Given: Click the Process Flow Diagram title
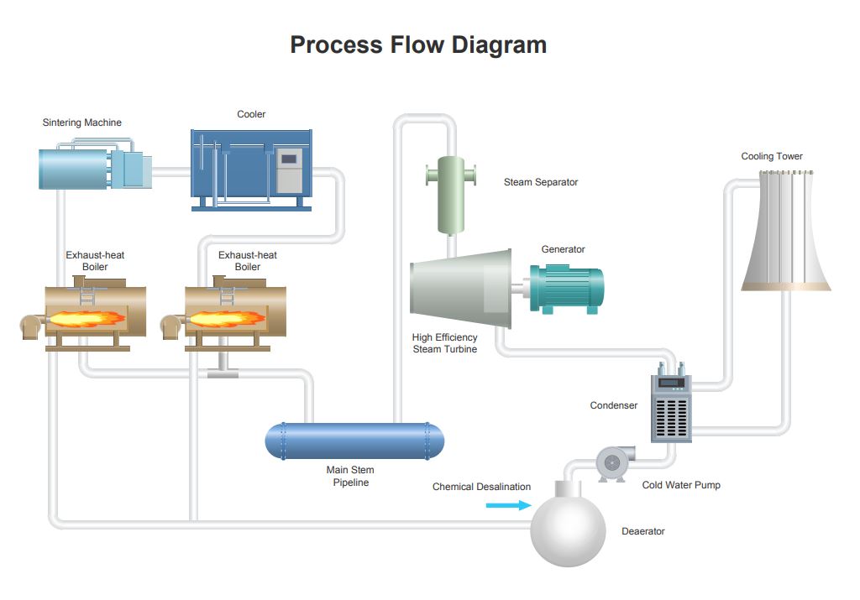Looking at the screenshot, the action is pyautogui.click(x=418, y=44).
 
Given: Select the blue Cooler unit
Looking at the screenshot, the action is pyautogui.click(x=251, y=170).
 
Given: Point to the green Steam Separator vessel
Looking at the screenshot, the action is pyautogui.click(x=451, y=195).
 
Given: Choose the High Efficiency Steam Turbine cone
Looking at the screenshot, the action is pyautogui.click(x=461, y=289).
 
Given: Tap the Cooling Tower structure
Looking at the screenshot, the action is pyautogui.click(x=785, y=230).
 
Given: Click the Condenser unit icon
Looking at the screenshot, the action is pyautogui.click(x=671, y=403).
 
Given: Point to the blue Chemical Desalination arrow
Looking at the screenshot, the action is pyautogui.click(x=508, y=505).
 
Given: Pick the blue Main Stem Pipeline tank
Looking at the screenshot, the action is pyautogui.click(x=354, y=441).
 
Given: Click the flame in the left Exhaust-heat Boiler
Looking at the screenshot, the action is pyautogui.click(x=86, y=318).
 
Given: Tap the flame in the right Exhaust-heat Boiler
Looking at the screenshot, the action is pyautogui.click(x=225, y=318).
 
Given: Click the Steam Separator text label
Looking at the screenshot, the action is pyautogui.click(x=541, y=182).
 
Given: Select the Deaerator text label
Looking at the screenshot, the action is pyautogui.click(x=642, y=531).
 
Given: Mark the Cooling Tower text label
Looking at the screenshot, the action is pyautogui.click(x=772, y=156).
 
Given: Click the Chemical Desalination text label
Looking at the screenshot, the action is pyautogui.click(x=481, y=487).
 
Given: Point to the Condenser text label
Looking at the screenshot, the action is pyautogui.click(x=614, y=405).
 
